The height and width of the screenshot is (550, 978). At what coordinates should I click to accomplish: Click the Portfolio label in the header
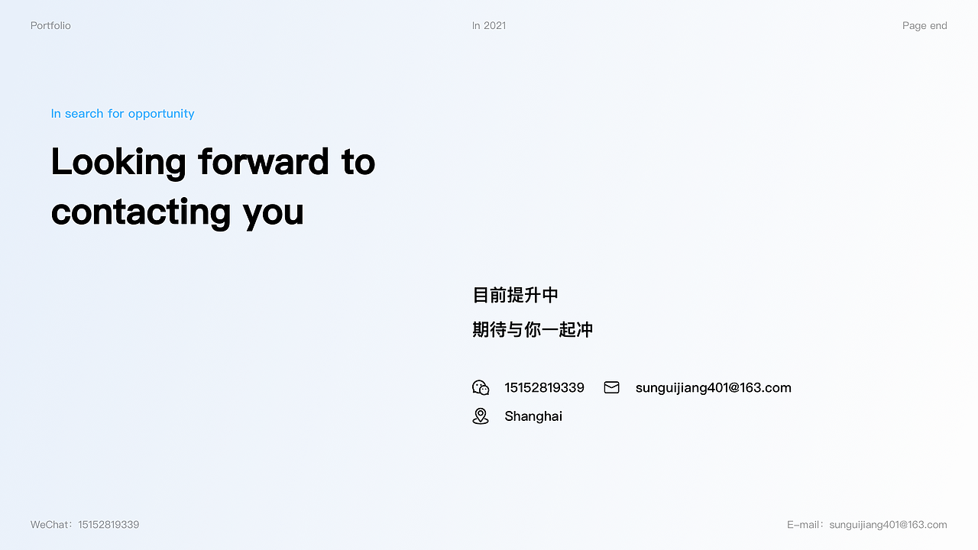coord(50,26)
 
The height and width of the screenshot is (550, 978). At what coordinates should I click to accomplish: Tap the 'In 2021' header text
coord(489,26)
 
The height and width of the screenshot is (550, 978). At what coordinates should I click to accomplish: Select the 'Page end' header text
coord(925,26)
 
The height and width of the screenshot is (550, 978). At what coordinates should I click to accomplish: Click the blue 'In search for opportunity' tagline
coord(122,114)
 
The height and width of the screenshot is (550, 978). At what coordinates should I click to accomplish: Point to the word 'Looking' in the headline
coord(118,163)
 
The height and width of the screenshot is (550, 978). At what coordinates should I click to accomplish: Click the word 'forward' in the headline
coord(264,162)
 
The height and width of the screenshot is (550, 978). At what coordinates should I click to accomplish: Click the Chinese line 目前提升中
coord(516,295)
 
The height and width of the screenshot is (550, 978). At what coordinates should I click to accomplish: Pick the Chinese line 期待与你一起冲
coord(533,330)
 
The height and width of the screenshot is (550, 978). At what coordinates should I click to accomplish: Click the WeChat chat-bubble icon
coord(481,387)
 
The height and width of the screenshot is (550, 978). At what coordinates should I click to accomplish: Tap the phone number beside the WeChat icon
coord(544,388)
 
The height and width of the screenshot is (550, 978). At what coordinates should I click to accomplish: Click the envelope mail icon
coord(611,387)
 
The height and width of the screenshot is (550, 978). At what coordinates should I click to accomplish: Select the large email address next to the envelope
coord(713,388)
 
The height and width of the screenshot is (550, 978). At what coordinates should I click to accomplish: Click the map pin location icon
coord(481,416)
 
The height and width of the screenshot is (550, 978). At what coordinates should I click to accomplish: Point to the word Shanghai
coord(533,416)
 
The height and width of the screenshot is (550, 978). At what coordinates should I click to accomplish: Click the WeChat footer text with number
coord(85,525)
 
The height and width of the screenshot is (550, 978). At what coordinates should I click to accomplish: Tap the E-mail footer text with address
coord(866,525)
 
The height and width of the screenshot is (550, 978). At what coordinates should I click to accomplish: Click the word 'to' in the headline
coord(358,162)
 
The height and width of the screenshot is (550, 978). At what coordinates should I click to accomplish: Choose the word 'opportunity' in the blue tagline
coord(161,114)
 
